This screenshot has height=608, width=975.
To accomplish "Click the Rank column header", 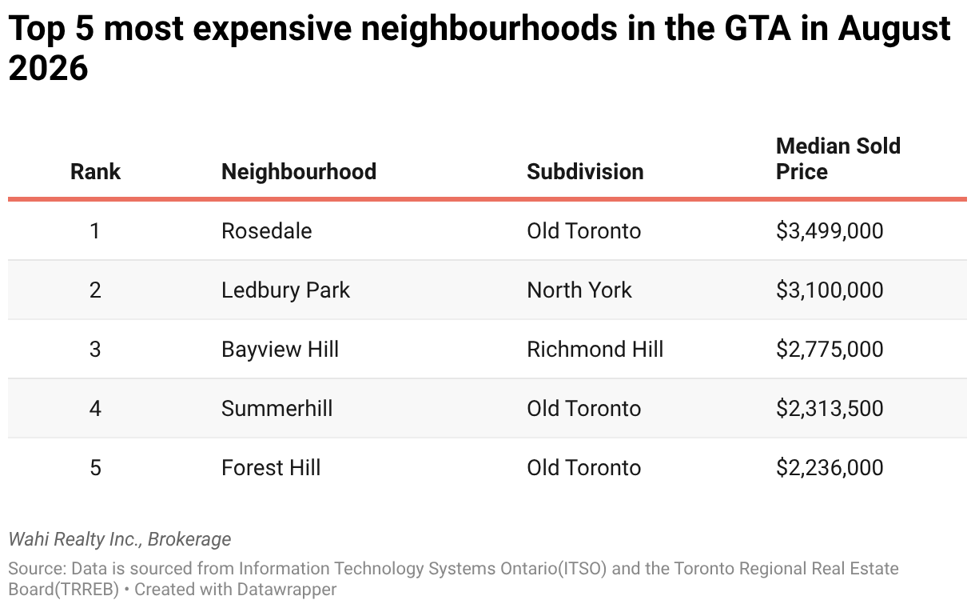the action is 95,171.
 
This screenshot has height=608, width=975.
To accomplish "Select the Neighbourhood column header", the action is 299,171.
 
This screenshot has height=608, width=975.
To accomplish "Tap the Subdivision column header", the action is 585,171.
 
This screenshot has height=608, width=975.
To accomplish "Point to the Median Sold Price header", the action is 838,158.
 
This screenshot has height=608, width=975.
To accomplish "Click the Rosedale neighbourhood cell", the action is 266,230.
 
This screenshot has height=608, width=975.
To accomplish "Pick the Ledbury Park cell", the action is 285,290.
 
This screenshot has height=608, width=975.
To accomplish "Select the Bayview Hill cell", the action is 280,349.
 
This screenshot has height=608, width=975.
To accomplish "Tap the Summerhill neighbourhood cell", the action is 277,408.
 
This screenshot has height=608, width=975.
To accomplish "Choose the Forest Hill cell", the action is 271,468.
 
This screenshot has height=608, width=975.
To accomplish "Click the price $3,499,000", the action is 830,230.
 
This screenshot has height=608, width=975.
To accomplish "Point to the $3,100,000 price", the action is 830,290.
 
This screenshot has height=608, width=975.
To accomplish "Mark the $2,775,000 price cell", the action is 830,349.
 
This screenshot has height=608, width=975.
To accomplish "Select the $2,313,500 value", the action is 830,408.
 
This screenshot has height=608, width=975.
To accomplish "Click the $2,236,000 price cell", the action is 830,468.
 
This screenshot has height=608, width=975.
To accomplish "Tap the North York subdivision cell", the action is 579,290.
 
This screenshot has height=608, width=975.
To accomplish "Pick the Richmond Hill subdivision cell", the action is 595,349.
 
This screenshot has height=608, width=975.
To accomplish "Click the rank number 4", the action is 95,408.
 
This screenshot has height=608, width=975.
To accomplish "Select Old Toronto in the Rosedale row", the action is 583,230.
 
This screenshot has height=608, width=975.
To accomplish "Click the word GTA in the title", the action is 757,28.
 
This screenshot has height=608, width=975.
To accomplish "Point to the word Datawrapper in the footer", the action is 287,590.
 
